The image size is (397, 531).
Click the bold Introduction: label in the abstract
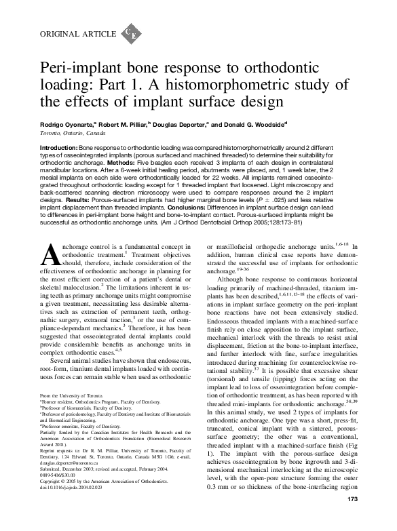point(59,147)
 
